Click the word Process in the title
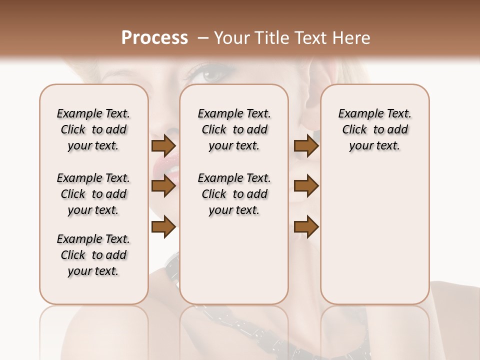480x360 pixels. point(154,38)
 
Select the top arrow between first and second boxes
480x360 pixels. point(163,146)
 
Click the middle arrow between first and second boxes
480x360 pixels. point(163,186)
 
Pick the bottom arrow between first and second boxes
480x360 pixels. point(163,227)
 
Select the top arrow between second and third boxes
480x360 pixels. point(306,146)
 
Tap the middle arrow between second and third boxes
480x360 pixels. point(306,186)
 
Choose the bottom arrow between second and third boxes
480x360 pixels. point(306,227)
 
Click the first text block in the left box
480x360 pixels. point(93,129)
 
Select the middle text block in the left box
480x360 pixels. point(93,194)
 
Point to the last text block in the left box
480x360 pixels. point(93,255)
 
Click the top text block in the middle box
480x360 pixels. point(234,129)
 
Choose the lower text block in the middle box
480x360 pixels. point(234,194)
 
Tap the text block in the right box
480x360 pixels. point(374,129)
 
